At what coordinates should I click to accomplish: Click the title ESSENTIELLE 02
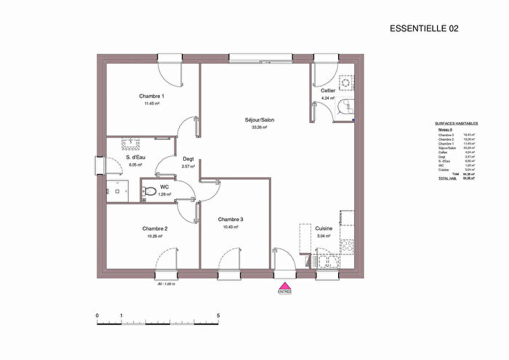point(424,28)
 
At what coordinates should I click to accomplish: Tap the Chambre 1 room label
point(152,96)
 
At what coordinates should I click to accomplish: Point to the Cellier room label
point(328,91)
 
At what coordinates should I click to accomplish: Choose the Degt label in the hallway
point(188,159)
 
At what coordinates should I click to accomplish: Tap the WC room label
point(164,187)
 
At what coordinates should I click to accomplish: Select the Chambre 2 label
point(155,228)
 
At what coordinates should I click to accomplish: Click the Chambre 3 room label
point(231,220)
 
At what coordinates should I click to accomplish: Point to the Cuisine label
point(324,228)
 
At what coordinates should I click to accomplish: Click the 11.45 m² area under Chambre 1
point(152,103)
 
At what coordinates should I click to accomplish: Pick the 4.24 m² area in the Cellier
point(327,97)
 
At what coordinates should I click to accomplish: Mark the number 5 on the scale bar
point(219,316)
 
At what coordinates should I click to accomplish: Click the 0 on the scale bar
point(97,316)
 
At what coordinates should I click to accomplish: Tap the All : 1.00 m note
point(168,284)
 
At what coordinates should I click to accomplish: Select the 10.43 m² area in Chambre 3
point(231,227)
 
